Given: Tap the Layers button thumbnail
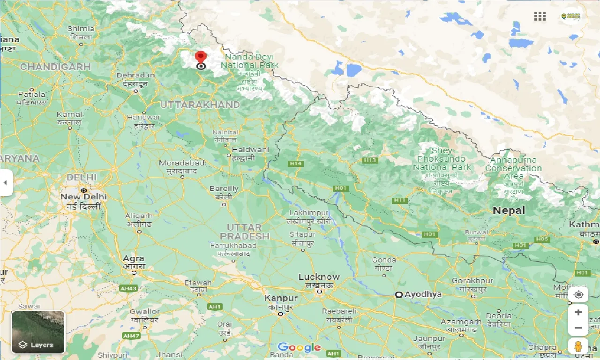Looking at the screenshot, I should (38, 332).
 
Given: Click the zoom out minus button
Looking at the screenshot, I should (578, 328).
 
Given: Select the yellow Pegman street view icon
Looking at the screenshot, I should (578, 346).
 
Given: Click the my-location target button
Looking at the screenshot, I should (578, 295).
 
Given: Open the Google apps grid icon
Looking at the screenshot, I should (540, 16).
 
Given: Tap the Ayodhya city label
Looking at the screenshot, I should (423, 294).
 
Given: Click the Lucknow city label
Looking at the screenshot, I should (319, 277).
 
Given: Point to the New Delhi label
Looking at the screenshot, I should (83, 197).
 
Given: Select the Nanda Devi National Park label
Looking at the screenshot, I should (249, 61).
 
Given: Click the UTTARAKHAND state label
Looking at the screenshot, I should (200, 105).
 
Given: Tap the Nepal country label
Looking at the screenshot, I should (509, 210).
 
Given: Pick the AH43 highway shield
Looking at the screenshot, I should (128, 288).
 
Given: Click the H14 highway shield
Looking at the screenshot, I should (295, 164).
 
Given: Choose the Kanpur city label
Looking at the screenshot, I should (281, 298).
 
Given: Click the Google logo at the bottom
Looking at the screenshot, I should (299, 347).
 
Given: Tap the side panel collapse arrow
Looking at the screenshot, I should (5, 182).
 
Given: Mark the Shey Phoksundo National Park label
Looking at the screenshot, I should (442, 159).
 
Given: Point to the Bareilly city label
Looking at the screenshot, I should (224, 189).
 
